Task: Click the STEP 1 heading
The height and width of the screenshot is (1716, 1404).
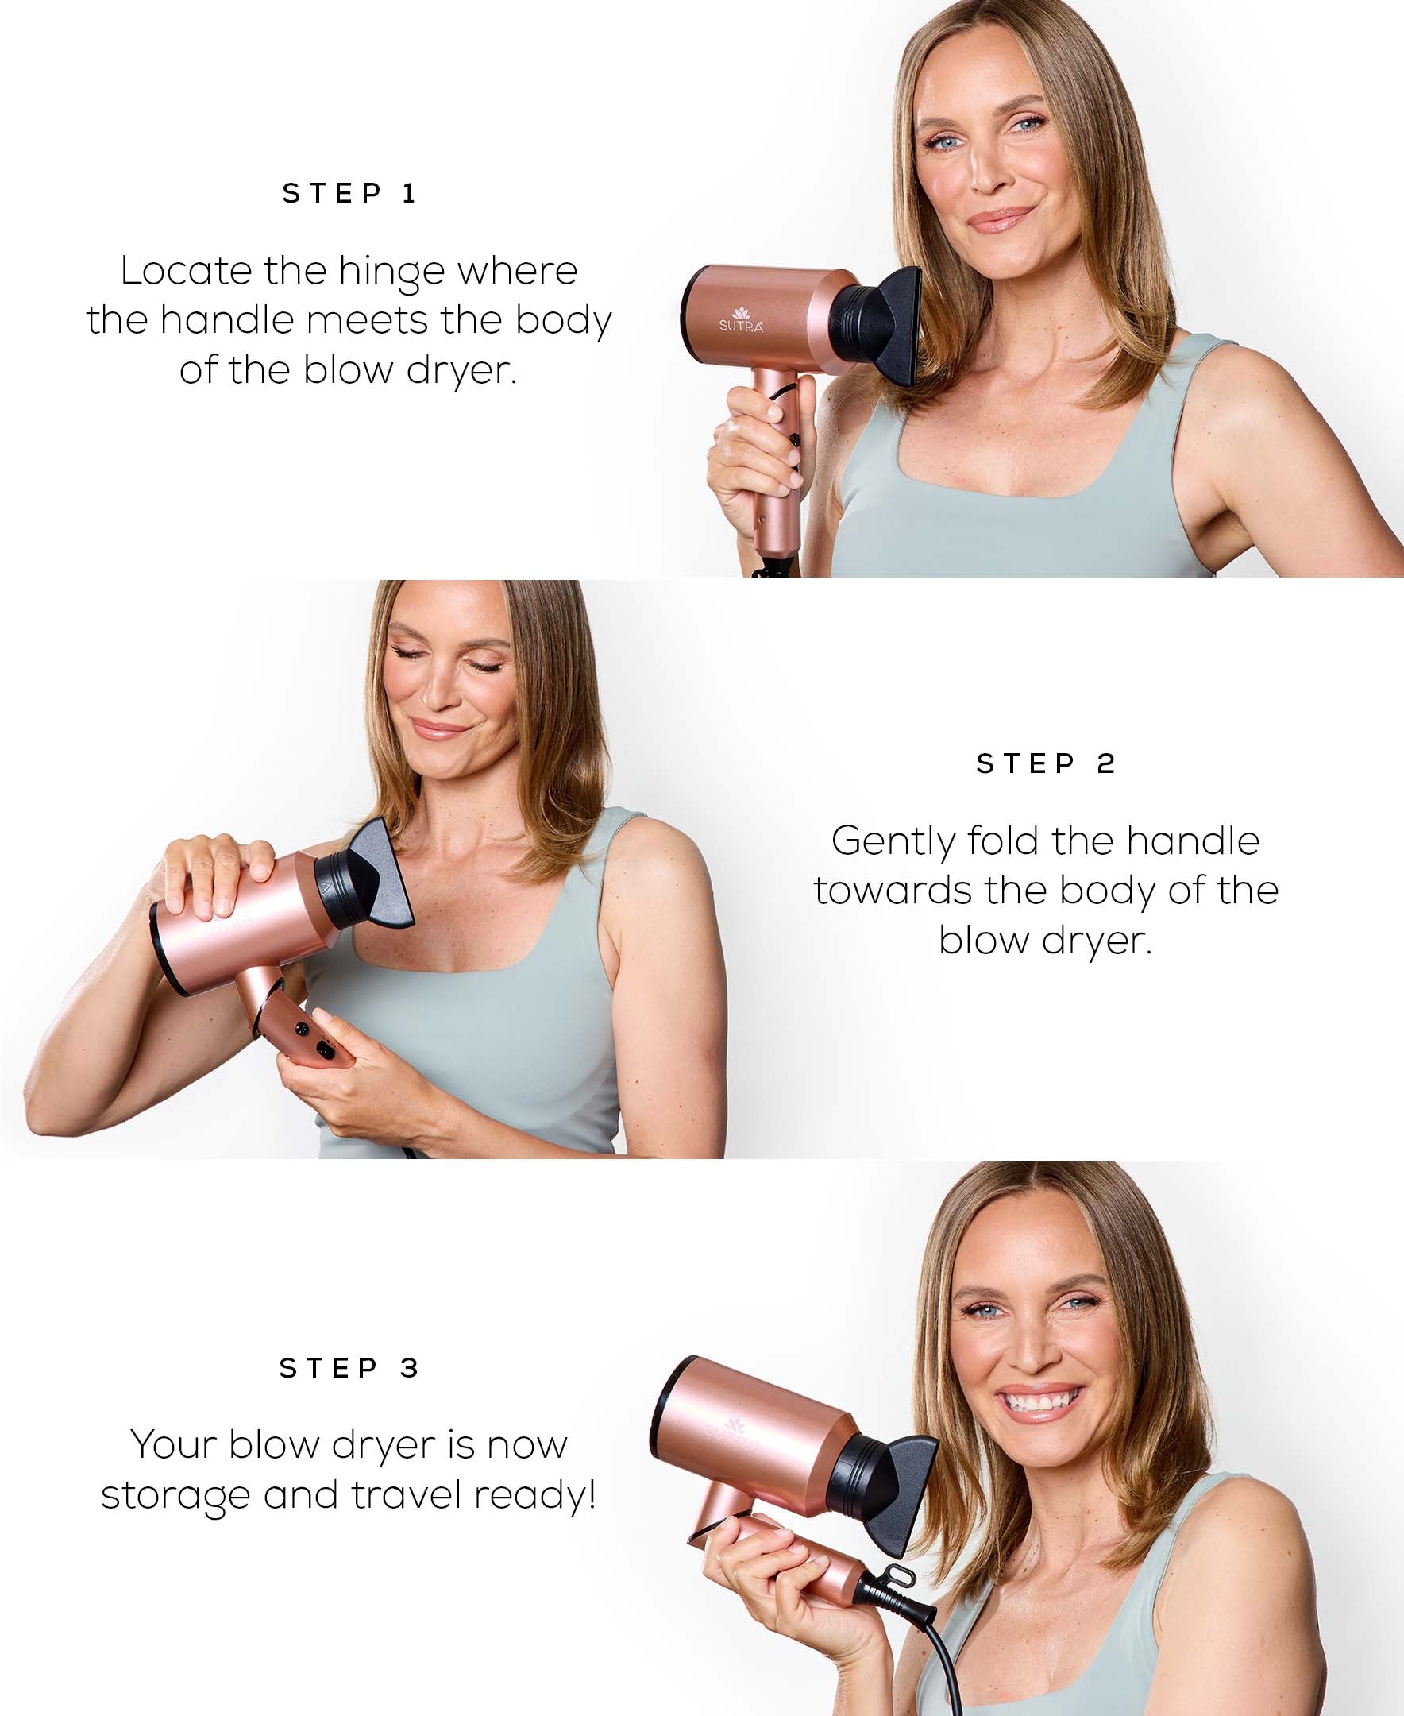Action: click(349, 193)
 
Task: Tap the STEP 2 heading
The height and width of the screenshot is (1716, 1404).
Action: click(1046, 763)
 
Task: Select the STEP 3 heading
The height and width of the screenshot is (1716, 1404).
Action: click(349, 1367)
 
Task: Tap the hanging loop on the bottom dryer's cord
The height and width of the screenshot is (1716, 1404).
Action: click(899, 1574)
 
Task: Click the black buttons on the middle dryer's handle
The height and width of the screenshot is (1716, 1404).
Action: click(314, 1040)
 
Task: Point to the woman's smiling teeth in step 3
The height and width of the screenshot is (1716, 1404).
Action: click(1041, 1399)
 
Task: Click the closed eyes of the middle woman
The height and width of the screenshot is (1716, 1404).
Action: click(449, 665)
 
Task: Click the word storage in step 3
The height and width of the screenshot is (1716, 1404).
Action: click(175, 1496)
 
